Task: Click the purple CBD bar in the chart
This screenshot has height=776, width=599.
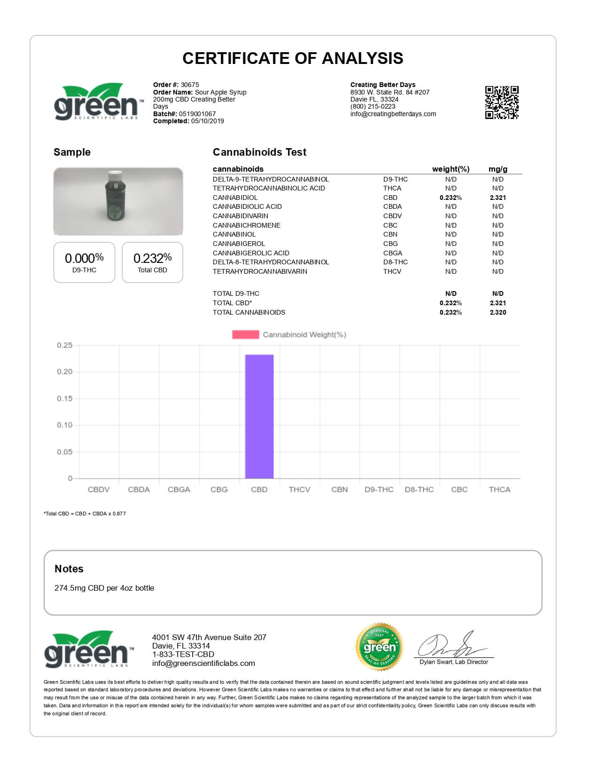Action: pyautogui.click(x=259, y=416)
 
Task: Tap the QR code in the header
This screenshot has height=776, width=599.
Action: pyautogui.click(x=502, y=103)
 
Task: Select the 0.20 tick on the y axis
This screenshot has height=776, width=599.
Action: pyautogui.click(x=65, y=372)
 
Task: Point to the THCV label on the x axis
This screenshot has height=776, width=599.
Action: pyautogui.click(x=299, y=490)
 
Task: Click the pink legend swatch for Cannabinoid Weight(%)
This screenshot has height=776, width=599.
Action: pyautogui.click(x=245, y=334)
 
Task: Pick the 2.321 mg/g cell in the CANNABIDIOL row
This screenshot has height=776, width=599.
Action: pyautogui.click(x=498, y=198)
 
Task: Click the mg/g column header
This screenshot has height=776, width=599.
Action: pyautogui.click(x=498, y=169)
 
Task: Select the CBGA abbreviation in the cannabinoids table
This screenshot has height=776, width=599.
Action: pyautogui.click(x=392, y=253)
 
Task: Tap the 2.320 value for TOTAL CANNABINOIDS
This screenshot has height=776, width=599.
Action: pyautogui.click(x=498, y=312)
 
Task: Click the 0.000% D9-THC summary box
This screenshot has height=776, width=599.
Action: pyautogui.click(x=84, y=262)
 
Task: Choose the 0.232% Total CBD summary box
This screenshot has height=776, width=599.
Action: pyautogui.click(x=152, y=262)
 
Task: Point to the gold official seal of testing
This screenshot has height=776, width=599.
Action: pyautogui.click(x=380, y=648)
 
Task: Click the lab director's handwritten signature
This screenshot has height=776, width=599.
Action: pyautogui.click(x=451, y=645)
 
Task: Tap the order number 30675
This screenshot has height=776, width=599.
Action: pyautogui.click(x=190, y=85)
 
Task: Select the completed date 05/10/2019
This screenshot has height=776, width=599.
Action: pyautogui.click(x=207, y=121)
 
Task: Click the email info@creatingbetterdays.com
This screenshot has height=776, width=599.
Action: pyautogui.click(x=393, y=114)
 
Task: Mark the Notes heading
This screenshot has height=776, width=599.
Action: pyautogui.click(x=69, y=569)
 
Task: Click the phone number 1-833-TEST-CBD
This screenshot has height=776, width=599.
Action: pyautogui.click(x=183, y=654)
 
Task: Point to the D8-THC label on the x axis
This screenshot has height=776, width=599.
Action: pyautogui.click(x=419, y=490)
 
